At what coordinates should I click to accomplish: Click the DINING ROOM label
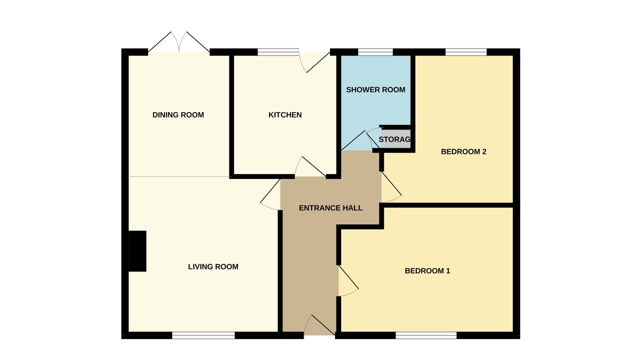178,115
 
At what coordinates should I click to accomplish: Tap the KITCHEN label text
285,115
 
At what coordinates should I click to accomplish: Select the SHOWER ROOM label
375,90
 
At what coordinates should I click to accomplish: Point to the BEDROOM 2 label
463,151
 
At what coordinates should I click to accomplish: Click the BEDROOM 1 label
427,271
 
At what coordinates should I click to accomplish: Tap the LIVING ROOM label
213,267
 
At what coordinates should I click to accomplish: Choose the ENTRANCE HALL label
330,208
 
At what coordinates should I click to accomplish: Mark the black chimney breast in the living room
137,251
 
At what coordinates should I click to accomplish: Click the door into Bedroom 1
348,281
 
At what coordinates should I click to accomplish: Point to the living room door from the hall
270,194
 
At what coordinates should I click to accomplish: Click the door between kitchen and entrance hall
310,167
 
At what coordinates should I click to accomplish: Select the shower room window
375,52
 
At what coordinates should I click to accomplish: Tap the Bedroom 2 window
465,52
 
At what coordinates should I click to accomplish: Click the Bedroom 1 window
426,335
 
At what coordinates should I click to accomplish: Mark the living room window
203,335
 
